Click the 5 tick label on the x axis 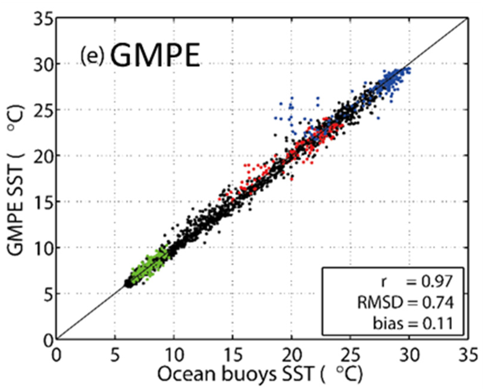click(x=115, y=355)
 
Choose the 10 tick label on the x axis click(x=174, y=355)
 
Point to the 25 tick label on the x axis click(x=350, y=355)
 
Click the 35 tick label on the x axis click(x=468, y=355)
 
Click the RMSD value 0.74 click(x=438, y=303)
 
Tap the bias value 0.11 click(x=438, y=323)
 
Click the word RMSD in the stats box click(x=380, y=303)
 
